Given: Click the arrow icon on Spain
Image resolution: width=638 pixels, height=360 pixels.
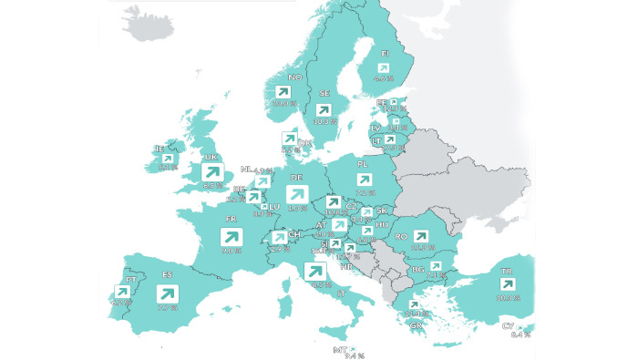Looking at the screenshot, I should tap(168, 294).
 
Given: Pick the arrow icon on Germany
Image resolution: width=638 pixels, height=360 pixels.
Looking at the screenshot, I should tap(296, 194).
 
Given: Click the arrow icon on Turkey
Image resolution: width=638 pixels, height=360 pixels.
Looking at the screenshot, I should tap(507, 286).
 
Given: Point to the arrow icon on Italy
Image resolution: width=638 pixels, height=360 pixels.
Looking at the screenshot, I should tap(315, 272).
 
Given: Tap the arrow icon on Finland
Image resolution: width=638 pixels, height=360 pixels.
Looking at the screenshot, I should tap(384, 68).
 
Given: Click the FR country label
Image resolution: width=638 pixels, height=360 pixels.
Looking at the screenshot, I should tap(232, 220).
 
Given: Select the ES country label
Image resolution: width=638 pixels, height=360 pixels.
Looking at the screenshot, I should tap(168, 274).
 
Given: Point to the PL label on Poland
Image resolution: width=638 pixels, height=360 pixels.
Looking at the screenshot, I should tap(363, 164).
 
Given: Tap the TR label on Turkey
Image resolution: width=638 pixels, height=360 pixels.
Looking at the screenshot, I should tap(507, 271).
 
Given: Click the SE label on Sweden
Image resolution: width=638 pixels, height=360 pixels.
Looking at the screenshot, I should tap(324, 94).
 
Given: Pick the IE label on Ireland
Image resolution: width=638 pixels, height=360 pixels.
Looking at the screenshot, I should tap(159, 149).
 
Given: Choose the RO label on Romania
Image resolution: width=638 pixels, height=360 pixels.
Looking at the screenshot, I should tap(401, 236).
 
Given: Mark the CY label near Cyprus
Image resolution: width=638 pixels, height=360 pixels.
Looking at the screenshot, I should tap(508, 325).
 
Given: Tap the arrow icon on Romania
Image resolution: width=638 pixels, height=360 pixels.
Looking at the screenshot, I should tap(422, 234).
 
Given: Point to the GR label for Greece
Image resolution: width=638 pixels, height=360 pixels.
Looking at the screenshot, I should tap(416, 325).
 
